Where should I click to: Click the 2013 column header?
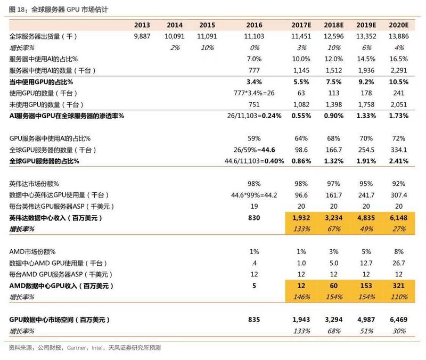click(142, 25)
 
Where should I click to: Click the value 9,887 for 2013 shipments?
click(142, 37)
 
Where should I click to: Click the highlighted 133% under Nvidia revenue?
click(301, 229)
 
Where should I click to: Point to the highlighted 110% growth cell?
click(399, 297)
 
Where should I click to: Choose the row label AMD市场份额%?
click(32, 251)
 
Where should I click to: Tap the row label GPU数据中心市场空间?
click(59, 320)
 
